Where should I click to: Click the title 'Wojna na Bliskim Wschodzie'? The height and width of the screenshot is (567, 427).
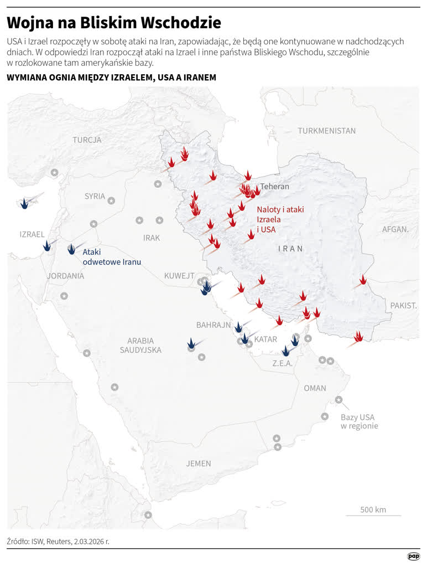pyautogui.click(x=114, y=23)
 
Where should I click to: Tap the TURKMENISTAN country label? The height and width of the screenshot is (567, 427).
pyautogui.click(x=326, y=131)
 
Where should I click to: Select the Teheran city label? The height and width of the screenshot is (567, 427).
pyautogui.click(x=275, y=187)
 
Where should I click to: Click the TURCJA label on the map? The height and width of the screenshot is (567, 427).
pyautogui.click(x=87, y=140)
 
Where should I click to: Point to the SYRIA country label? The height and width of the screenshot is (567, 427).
pyautogui.click(x=95, y=196)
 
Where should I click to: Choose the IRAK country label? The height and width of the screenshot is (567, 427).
pyautogui.click(x=151, y=238)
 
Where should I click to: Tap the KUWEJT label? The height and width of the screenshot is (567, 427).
pyautogui.click(x=179, y=276)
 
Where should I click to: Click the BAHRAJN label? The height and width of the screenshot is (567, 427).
pyautogui.click(x=213, y=325)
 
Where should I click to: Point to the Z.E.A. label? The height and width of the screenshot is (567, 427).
pyautogui.click(x=282, y=364)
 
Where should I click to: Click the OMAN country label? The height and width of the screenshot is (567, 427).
pyautogui.click(x=315, y=388)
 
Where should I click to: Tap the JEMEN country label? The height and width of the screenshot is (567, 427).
pyautogui.click(x=199, y=463)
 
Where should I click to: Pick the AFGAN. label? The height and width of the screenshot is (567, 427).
pyautogui.click(x=395, y=229)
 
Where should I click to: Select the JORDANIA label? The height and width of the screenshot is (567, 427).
pyautogui.click(x=65, y=276)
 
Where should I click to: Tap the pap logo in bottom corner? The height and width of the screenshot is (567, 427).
pyautogui.click(x=413, y=556)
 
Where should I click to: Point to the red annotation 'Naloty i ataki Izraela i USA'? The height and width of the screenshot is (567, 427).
pyautogui.click(x=280, y=219)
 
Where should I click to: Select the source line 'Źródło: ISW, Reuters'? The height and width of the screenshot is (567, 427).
pyautogui.click(x=58, y=541)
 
